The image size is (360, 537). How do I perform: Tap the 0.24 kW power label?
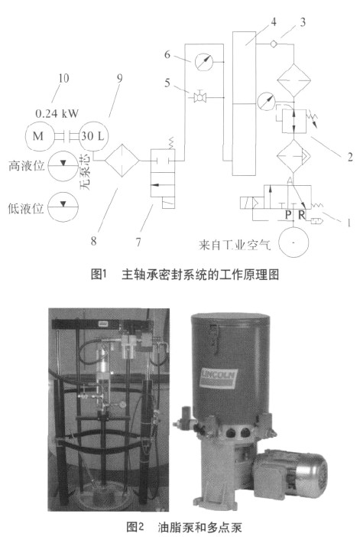pos(57,113)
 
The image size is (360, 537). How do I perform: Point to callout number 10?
pos(63,78)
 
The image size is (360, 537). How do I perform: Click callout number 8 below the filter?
pos(94,241)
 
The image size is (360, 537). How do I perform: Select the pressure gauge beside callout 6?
pos(203,62)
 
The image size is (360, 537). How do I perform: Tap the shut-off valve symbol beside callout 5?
pos(199,98)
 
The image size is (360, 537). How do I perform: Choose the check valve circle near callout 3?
pos(274,44)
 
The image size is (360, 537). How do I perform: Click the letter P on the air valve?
pos(289,215)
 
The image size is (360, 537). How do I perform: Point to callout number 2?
pos(350,157)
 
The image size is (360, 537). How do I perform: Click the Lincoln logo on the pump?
pos(218,377)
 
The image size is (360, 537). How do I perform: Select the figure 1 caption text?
pos(185,275)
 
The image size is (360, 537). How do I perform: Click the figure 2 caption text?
pos(184,526)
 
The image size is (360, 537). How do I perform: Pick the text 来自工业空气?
pos(235,245)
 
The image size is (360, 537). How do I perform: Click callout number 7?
pos(138,242)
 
